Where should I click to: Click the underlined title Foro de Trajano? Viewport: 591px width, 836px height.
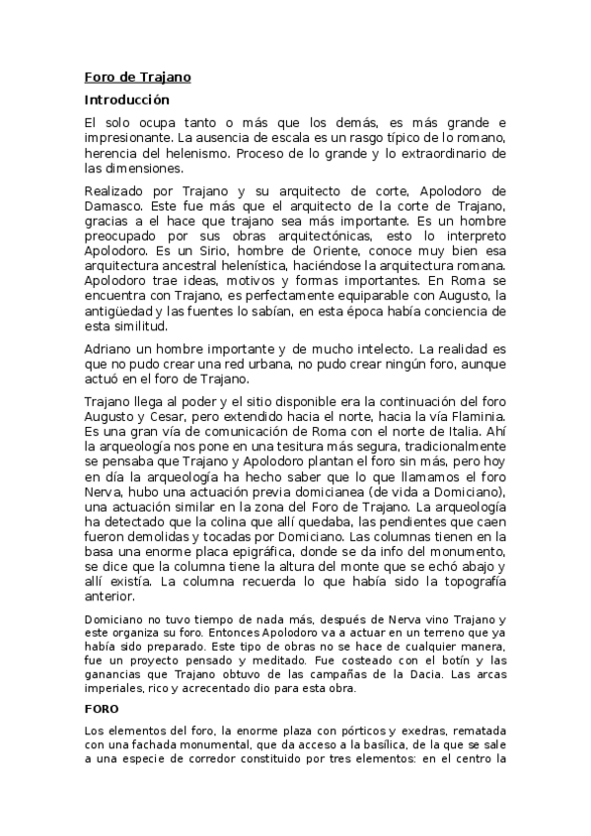137,76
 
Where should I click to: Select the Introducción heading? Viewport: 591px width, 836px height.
126,100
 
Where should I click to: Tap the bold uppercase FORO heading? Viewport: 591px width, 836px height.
101,709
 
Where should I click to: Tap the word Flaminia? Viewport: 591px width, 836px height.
478,415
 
